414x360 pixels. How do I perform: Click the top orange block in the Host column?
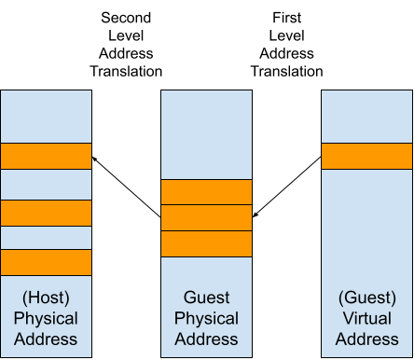click(46, 156)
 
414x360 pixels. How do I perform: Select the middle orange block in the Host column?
click(46, 213)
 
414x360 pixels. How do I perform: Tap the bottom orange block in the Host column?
click(46, 262)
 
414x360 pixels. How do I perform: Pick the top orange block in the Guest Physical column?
click(206, 192)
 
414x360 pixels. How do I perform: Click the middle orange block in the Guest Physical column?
click(206, 217)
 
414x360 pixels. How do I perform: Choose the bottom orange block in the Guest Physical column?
click(206, 243)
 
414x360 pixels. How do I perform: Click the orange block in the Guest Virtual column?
click(366, 156)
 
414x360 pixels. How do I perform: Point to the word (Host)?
click(46, 298)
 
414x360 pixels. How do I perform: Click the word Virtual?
click(366, 318)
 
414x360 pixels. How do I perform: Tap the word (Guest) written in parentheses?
click(366, 298)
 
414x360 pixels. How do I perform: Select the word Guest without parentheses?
click(206, 298)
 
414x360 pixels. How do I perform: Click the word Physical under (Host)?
click(46, 318)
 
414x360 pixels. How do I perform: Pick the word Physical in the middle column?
click(206, 318)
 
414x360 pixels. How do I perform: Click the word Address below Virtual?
click(366, 339)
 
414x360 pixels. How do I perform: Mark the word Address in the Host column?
click(46, 339)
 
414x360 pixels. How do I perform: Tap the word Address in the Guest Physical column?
click(206, 339)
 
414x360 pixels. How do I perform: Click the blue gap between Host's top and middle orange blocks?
click(46, 185)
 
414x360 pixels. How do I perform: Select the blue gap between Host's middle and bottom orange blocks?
click(46, 238)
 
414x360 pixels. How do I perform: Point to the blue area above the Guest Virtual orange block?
click(366, 117)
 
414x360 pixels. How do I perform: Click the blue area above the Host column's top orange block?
click(46, 117)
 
